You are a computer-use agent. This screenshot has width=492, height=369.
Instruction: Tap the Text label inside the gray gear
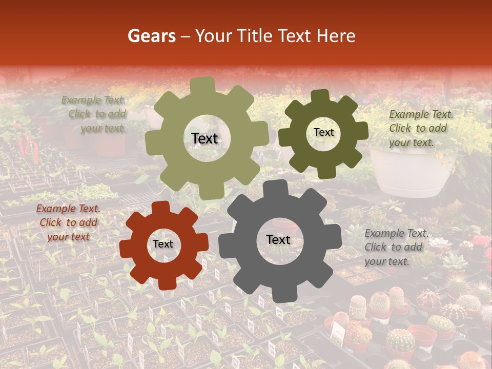click(278, 240)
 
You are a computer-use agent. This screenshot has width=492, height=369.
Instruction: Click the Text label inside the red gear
click(163, 244)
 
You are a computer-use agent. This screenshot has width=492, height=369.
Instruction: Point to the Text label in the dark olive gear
click(323, 132)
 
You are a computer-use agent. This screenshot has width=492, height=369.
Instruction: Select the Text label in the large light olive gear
click(204, 138)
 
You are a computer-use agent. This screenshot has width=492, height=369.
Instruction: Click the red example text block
click(68, 222)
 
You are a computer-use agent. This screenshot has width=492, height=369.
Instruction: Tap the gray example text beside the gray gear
click(397, 247)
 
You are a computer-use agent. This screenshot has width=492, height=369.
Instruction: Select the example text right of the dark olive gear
click(421, 128)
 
